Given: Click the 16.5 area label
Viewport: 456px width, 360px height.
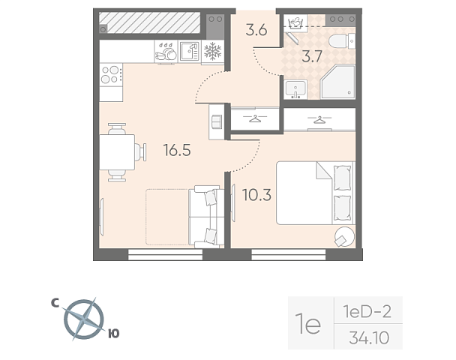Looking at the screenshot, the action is click(177, 150).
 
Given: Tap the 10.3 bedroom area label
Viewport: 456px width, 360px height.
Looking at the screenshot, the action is click(257, 195).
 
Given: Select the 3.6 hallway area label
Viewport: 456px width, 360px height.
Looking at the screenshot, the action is click(256, 30).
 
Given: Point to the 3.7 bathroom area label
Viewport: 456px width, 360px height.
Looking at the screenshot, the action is click(312, 56).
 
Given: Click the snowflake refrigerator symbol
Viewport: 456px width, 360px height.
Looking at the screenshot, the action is click(213, 51).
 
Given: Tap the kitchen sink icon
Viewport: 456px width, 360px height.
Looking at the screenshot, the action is click(189, 52).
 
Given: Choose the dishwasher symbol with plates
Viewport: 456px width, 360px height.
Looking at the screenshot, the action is click(166, 52).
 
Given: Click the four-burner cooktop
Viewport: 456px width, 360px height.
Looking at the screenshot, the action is click(111, 74).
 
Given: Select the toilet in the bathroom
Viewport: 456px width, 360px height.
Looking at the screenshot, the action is click(342, 41).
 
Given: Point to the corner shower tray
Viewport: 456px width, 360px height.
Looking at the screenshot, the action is click(338, 82).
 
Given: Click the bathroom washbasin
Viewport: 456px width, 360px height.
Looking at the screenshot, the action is click(295, 88).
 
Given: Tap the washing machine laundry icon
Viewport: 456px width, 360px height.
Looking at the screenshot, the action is click(295, 22).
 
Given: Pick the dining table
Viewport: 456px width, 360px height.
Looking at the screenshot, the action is click(117, 152).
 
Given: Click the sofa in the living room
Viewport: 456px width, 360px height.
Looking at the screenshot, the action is click(206, 217).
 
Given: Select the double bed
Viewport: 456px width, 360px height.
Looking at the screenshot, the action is click(316, 193).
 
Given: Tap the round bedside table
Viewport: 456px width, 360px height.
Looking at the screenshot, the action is click(344, 236).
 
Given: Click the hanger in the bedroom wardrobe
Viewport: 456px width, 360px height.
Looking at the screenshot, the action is click(319, 119).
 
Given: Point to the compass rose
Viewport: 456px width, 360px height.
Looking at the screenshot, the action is click(84, 319).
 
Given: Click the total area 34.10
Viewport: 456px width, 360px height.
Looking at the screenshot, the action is click(369, 338).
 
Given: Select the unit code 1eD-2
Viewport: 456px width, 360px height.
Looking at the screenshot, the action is click(367, 312).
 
